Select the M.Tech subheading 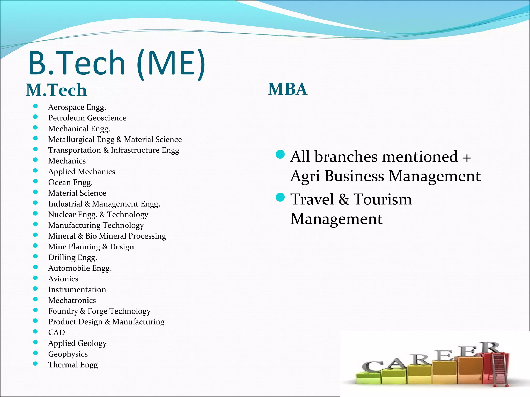[x=56, y=90]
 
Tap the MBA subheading [x=288, y=89]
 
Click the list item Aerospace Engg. [x=77, y=107]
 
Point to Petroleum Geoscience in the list [x=87, y=118]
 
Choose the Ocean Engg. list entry [x=70, y=182]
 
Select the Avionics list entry [x=63, y=279]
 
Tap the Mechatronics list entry [x=72, y=300]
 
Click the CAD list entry [x=56, y=332]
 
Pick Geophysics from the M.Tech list [x=68, y=354]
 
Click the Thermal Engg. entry [x=74, y=365]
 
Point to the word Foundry [x=63, y=311]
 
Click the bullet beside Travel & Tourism [x=280, y=197]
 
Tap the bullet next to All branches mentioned [x=280, y=155]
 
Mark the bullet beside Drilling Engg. [x=35, y=256]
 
